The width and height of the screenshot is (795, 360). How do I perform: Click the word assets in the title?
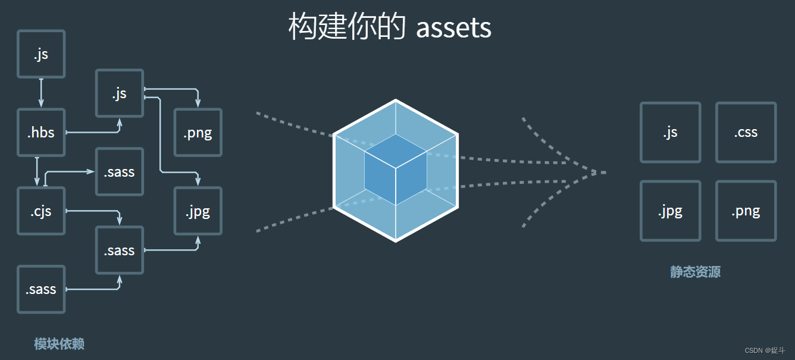(x=453, y=27)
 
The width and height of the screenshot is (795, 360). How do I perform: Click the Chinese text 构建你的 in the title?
(x=348, y=27)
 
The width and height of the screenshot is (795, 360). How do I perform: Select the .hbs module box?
(x=41, y=132)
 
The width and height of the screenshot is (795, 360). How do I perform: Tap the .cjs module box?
(x=41, y=211)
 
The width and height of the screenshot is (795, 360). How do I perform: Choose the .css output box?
(x=746, y=132)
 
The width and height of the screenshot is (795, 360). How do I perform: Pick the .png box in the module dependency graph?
(x=198, y=132)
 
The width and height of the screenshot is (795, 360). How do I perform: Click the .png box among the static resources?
(x=746, y=211)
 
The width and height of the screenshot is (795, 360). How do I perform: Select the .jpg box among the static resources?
(x=670, y=211)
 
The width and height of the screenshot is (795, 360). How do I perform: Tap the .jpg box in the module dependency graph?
(x=198, y=211)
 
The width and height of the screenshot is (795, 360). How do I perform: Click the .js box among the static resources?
(x=670, y=132)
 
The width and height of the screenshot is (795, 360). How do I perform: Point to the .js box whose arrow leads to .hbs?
(x=41, y=54)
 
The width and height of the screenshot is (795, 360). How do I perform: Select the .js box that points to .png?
(x=120, y=93)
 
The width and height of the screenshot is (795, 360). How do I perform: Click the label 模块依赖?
(x=59, y=344)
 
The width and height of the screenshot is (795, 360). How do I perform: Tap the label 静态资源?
(x=695, y=272)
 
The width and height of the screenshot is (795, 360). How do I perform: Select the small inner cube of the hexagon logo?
(x=396, y=169)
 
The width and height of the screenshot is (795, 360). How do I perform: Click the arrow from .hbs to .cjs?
(x=37, y=171)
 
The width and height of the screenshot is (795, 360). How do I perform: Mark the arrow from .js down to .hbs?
(x=41, y=93)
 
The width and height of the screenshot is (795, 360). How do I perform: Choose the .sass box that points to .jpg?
(x=120, y=250)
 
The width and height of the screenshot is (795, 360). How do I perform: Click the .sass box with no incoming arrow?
(x=41, y=289)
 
